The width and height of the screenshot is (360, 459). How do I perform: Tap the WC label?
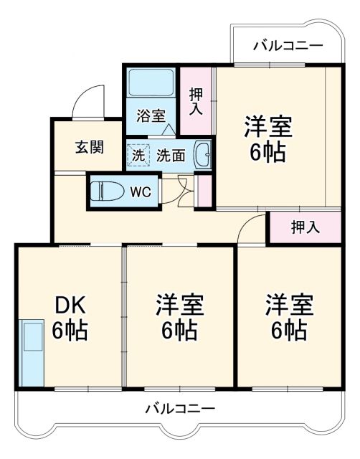click(x=141, y=191)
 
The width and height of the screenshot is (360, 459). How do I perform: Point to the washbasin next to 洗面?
click(x=202, y=153)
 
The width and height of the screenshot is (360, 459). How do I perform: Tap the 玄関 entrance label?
click(x=89, y=147)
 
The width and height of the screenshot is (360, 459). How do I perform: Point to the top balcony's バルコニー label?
click(x=288, y=46)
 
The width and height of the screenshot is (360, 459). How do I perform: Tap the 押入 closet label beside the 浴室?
click(x=195, y=101)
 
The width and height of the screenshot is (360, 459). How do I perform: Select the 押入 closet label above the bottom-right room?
click(x=304, y=228)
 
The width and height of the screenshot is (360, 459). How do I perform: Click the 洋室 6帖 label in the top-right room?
click(x=267, y=138)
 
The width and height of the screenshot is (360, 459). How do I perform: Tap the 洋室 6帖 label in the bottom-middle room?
click(x=180, y=317)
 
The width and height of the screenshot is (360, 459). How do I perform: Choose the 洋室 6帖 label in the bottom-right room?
click(x=288, y=317)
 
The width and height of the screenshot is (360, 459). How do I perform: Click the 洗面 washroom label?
click(x=171, y=154)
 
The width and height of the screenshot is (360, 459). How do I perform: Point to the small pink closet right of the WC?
click(x=204, y=190)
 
